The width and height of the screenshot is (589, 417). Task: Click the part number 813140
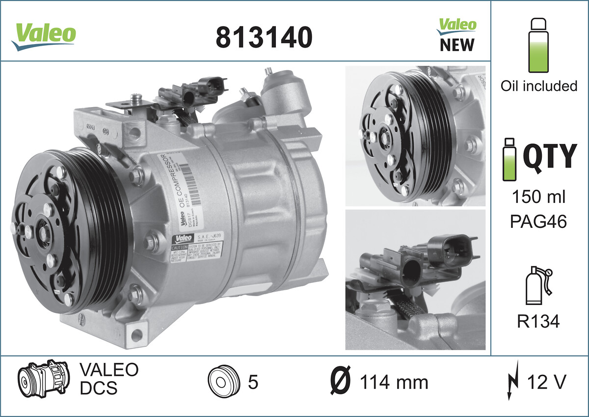coord(264,37)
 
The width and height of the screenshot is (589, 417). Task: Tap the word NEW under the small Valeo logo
coord(456,45)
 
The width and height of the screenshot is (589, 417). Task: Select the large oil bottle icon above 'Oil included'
coord(538,46)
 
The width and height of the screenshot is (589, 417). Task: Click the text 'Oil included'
coord(538,86)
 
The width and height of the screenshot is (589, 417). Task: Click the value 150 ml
coord(538,197)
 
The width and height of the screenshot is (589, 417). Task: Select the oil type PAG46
coord(538,222)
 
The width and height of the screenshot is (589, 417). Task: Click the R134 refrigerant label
coord(538,322)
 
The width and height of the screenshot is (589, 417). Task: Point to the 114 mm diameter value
coord(394,382)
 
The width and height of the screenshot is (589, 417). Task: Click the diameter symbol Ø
coord(340,382)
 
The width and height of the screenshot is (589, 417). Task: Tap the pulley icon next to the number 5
coord(223,382)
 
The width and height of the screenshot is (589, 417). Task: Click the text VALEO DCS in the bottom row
coord(108,379)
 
